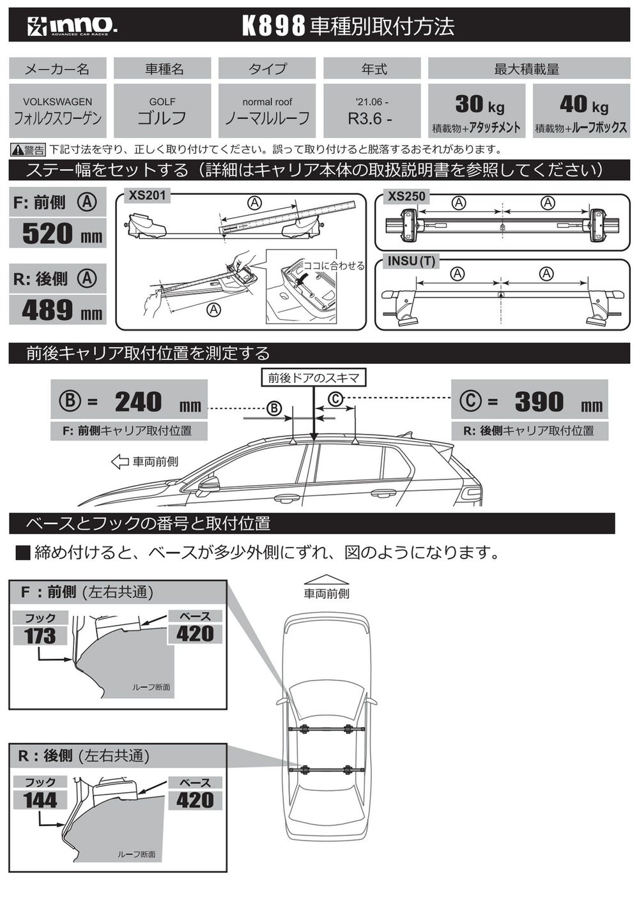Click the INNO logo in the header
coord(72,27)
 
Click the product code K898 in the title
coord(273,27)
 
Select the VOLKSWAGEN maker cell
coord(58,110)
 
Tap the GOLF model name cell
coord(162,110)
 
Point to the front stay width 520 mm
coord(63,234)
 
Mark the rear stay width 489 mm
coord(63,310)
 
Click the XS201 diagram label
coord(147,196)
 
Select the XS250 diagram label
coord(406,197)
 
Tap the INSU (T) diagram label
coord(412,261)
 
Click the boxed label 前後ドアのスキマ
coord(314,378)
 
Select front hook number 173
coord(40,636)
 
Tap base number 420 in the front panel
coord(195,634)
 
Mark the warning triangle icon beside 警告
coord(17,150)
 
